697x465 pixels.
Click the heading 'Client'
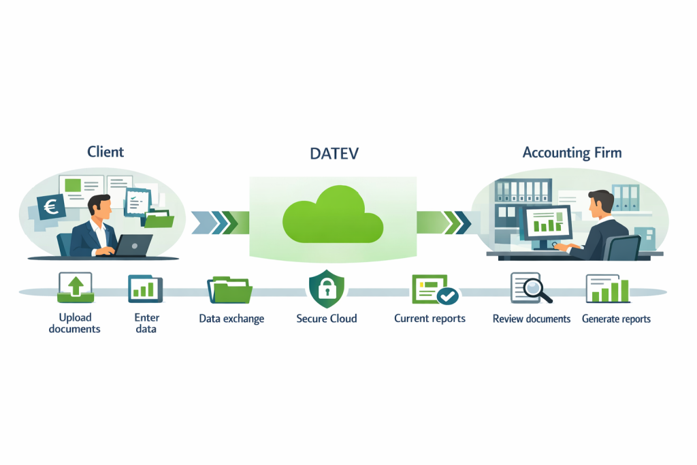106,152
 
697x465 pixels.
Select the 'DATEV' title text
334,153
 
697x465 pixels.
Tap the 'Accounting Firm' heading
572,153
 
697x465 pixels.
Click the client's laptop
135,245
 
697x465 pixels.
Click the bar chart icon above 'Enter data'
145,289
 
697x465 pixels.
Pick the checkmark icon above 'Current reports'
447,295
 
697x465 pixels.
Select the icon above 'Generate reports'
607,289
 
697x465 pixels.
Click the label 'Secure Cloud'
327,319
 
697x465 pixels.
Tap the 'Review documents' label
531,319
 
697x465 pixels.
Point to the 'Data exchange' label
231,319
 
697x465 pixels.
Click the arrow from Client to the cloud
216,221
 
